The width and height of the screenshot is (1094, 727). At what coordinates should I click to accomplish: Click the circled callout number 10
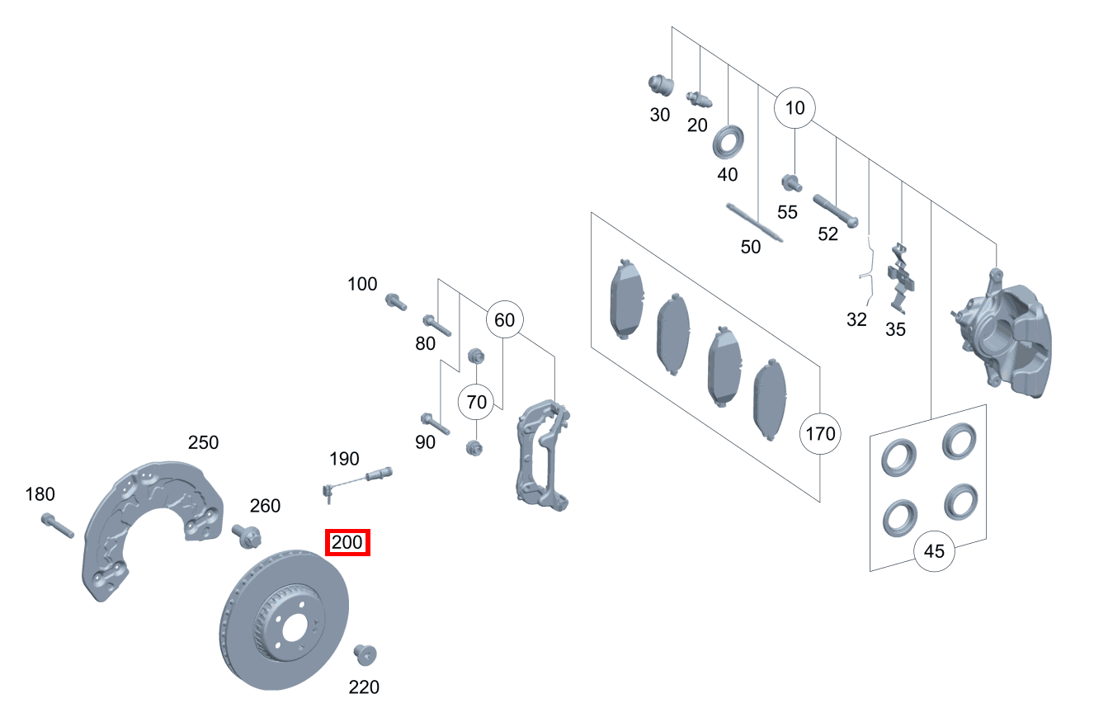pos(794,107)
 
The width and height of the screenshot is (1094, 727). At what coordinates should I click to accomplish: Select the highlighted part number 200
pos(347,543)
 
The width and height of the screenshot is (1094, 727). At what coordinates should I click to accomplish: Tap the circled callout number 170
pos(820,433)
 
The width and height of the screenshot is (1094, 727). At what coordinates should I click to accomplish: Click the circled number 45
pos(934,550)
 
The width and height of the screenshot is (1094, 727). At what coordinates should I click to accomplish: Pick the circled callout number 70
pos(478,403)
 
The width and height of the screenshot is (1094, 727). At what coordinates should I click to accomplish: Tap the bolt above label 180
pos(56,526)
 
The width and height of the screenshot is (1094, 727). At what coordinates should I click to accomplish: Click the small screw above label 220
pos(365,654)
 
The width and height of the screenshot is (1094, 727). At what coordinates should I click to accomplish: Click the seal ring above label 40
pos(728,141)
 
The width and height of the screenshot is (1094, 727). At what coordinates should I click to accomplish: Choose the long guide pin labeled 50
pos(754,223)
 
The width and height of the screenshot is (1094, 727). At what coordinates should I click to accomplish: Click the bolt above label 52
pos(836,211)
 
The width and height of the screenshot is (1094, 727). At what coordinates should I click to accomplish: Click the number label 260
pos(265,506)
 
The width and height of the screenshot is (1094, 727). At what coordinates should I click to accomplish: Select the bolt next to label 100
pos(396,302)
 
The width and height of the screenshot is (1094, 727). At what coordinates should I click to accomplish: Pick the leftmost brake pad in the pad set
pos(627,302)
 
